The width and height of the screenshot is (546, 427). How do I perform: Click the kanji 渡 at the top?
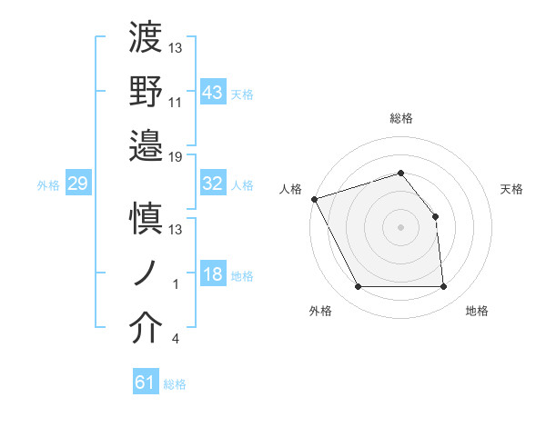pos(147,39)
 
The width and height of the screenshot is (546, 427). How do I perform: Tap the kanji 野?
pos(147,92)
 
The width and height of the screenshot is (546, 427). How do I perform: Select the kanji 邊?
pos(147,145)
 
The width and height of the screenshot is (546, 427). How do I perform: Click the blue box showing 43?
pos(213,92)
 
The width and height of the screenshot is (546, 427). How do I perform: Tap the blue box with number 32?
pos(213,184)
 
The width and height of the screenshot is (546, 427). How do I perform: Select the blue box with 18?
pos(213,274)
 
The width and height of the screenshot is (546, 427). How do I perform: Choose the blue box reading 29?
pos(77,184)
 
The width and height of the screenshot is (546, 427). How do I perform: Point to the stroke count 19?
pos(177,156)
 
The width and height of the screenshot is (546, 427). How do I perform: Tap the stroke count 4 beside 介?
pos(175,339)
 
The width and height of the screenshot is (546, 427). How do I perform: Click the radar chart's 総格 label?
pos(401,118)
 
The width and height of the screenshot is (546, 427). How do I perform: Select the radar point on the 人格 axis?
pos(314,199)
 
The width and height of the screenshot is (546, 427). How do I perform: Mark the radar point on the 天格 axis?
pos(435,216)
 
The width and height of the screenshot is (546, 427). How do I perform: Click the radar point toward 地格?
pos(444,287)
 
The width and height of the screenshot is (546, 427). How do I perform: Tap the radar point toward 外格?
pos(358,287)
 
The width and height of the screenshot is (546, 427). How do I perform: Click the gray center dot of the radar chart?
pos(401,227)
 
